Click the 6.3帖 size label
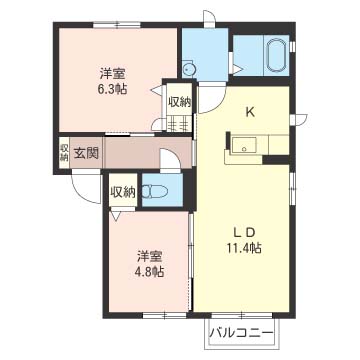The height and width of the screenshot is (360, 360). tap(112, 88)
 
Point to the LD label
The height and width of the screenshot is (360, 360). tap(243, 227)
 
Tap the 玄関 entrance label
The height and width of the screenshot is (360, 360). tap(86, 153)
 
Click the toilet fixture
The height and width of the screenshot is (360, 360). tap(157, 190)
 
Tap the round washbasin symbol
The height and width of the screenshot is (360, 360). tap(191, 68)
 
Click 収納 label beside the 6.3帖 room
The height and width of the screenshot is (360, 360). tap(180, 102)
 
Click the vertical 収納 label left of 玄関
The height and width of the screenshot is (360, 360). tap(63, 152)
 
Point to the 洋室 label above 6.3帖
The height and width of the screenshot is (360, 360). tap(112, 72)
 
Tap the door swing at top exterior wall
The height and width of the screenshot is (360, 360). tap(208, 20)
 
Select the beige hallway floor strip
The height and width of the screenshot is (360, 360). tap(135, 153)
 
